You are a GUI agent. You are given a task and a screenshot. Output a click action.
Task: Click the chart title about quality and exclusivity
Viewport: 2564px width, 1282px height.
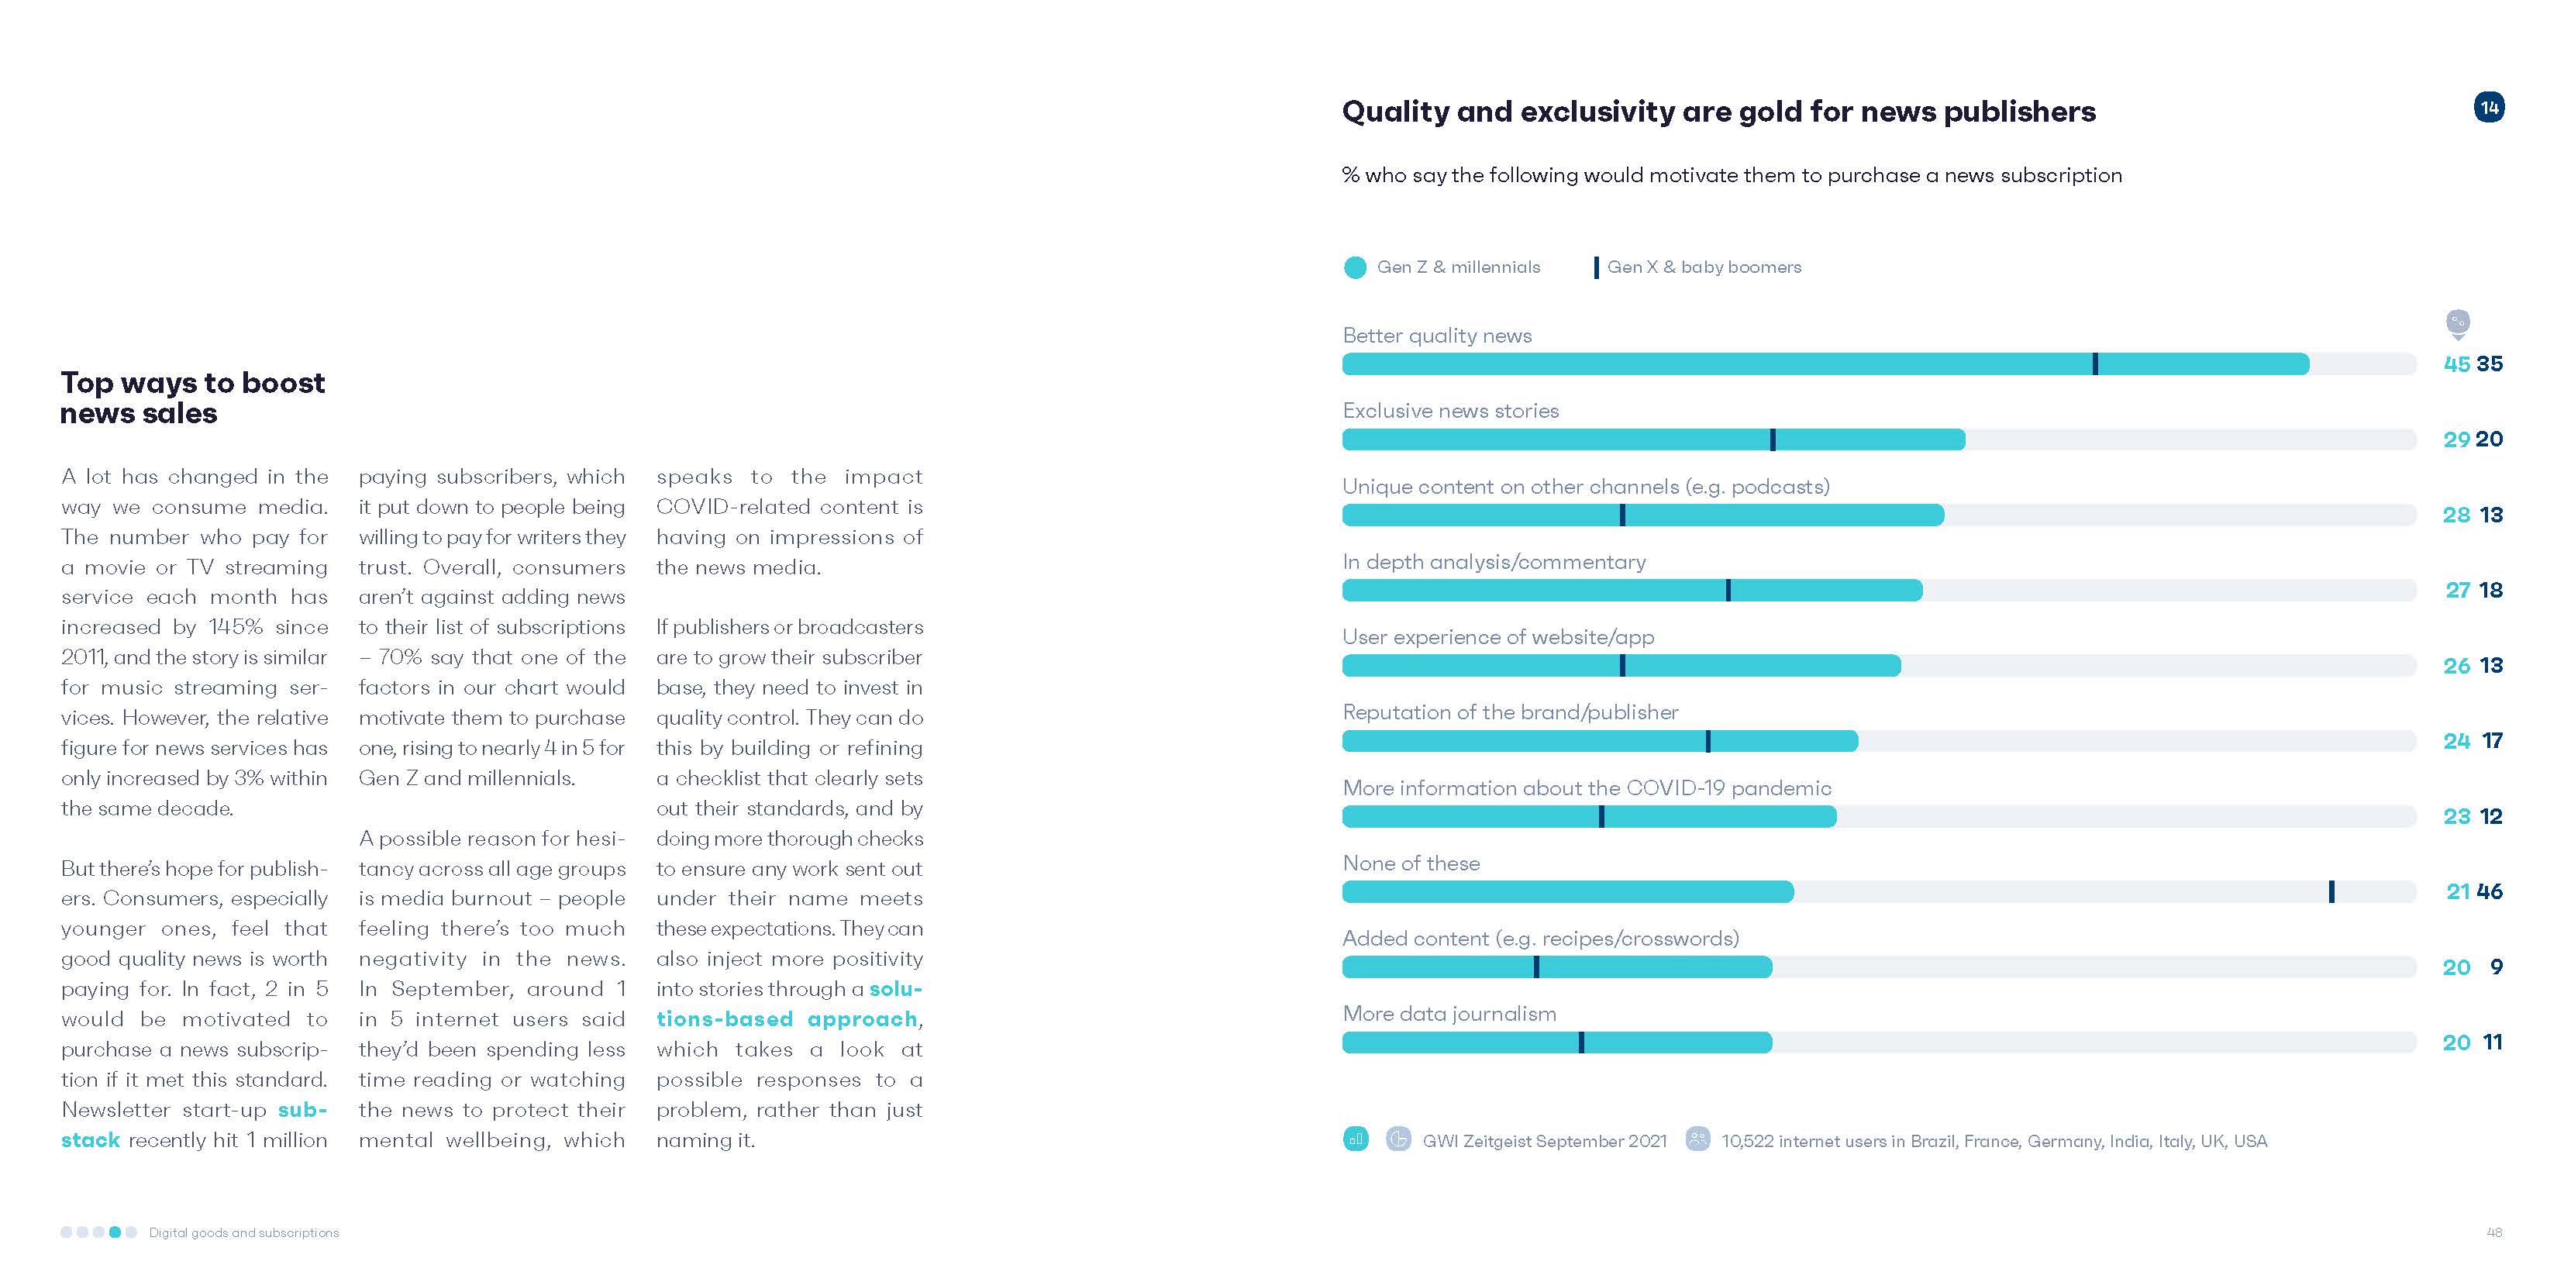coord(1718,112)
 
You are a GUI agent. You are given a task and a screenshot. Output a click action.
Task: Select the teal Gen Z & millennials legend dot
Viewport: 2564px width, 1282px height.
coord(1355,267)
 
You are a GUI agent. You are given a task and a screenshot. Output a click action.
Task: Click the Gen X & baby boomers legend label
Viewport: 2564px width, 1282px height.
coord(1704,267)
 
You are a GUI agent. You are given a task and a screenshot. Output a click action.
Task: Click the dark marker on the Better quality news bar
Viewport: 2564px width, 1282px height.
coord(2095,364)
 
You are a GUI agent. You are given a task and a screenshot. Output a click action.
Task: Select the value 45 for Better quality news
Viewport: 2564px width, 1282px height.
coord(2456,364)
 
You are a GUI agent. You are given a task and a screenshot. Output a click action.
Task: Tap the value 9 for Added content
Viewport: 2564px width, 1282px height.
coord(2497,967)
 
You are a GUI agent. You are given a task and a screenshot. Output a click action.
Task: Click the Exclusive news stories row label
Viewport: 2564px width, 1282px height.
coord(1450,411)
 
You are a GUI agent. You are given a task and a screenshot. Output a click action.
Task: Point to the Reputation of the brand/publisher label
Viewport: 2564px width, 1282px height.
coord(1510,712)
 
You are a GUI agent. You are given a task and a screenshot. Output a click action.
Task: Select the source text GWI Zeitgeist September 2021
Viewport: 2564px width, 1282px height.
coord(1544,1141)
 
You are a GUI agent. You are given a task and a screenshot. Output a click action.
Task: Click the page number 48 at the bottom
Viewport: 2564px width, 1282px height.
coord(2494,1232)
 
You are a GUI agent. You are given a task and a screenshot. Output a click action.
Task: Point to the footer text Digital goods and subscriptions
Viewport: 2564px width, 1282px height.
coord(244,1232)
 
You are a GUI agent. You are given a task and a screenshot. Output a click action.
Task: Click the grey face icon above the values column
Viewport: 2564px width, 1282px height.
coord(2458,322)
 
